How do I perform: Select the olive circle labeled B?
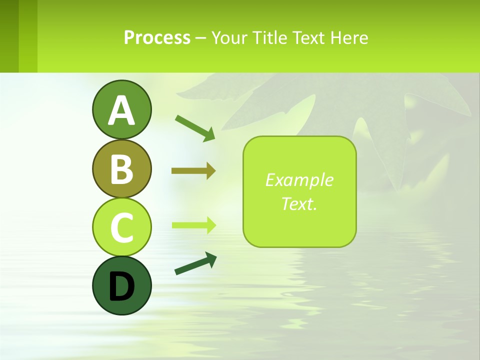[x=121, y=169]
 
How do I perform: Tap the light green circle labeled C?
[x=121, y=227]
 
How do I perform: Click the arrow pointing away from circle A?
[x=194, y=127]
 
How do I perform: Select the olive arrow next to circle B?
[x=193, y=171]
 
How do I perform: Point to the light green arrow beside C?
[x=193, y=225]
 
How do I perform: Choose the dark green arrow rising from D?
[x=195, y=264]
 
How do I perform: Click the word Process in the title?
[x=157, y=37]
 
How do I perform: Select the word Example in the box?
[x=299, y=180]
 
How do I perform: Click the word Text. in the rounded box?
[x=299, y=203]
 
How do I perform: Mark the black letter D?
[x=121, y=287]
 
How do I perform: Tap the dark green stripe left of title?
[x=9, y=36]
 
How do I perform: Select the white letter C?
[x=121, y=227]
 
